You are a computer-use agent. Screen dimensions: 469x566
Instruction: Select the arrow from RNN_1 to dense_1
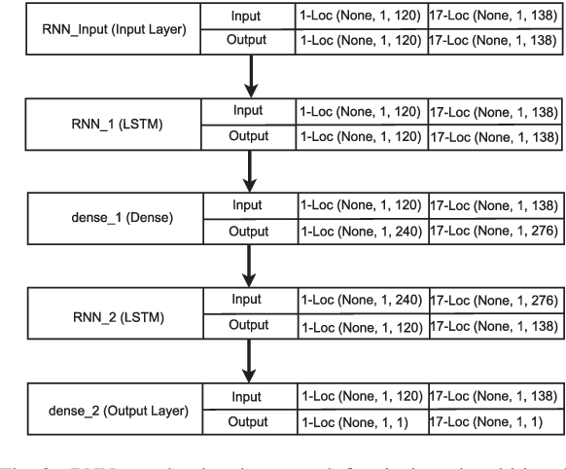pos(253,171)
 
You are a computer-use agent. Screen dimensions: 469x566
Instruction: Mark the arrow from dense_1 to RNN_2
pos(253,267)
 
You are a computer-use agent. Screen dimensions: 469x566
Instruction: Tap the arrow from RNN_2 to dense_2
pos(253,361)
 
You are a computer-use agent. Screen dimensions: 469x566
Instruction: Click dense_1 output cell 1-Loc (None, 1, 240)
pos(360,233)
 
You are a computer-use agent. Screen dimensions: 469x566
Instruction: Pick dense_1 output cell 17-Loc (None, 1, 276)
pos(494,233)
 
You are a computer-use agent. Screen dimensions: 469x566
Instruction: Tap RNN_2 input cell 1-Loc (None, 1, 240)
pos(360,302)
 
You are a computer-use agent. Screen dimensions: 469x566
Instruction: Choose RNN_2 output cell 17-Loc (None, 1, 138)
pos(494,327)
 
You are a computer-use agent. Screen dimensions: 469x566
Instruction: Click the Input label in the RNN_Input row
pos(247,17)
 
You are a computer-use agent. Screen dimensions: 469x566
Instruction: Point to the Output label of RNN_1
pos(247,137)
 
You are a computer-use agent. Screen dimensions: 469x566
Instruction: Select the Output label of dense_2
pos(247,422)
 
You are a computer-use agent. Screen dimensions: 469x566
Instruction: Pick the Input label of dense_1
pos(247,206)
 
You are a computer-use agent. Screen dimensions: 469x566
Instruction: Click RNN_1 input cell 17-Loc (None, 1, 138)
pos(494,112)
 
